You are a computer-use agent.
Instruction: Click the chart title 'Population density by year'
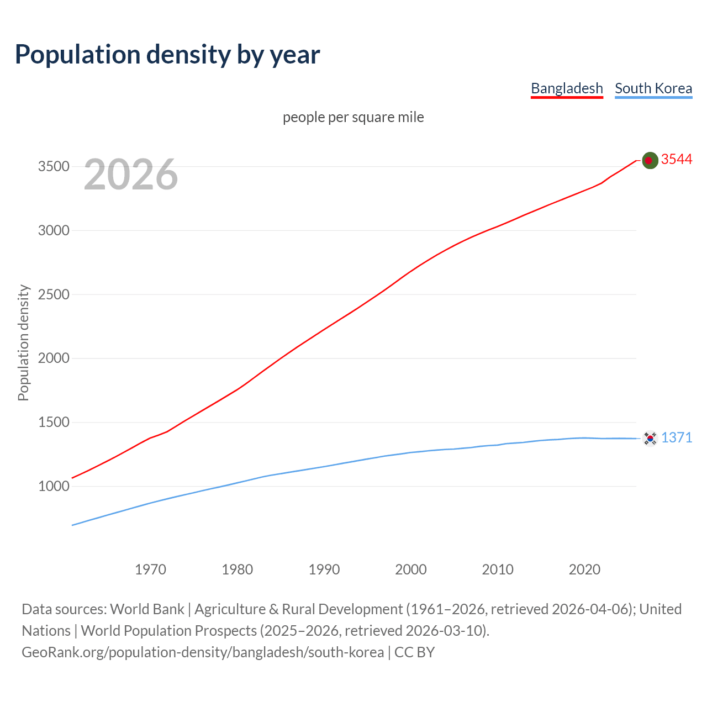pyautogui.click(x=167, y=54)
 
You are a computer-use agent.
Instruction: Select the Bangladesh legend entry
pyautogui.click(x=567, y=88)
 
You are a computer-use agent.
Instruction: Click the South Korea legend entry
pyautogui.click(x=653, y=88)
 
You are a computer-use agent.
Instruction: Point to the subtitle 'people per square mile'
pyautogui.click(x=353, y=117)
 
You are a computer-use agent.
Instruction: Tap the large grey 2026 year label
pyautogui.click(x=131, y=175)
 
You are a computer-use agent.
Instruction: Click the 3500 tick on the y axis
pyautogui.click(x=54, y=166)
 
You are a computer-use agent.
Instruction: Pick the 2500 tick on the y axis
pyautogui.click(x=54, y=294)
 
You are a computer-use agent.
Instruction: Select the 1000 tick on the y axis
pyautogui.click(x=54, y=486)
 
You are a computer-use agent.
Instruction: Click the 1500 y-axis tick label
pyautogui.click(x=54, y=423)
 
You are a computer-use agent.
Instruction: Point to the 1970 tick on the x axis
pyautogui.click(x=150, y=569)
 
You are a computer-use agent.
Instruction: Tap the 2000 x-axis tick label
pyautogui.click(x=410, y=569)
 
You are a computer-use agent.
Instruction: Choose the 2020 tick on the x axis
pyautogui.click(x=584, y=569)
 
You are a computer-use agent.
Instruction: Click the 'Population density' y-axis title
pyautogui.click(x=23, y=342)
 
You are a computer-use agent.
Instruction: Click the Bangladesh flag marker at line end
pyautogui.click(x=650, y=160)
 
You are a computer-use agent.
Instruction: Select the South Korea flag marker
pyautogui.click(x=650, y=439)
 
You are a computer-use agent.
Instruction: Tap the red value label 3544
pyautogui.click(x=677, y=159)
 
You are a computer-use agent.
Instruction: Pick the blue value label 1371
pyautogui.click(x=677, y=437)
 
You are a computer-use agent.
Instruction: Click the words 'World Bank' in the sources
pyautogui.click(x=147, y=609)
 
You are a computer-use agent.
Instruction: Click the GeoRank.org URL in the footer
pyautogui.click(x=203, y=652)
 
